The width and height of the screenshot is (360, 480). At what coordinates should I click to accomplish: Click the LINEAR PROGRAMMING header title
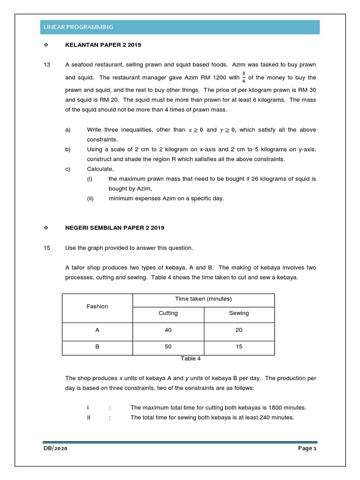(77, 27)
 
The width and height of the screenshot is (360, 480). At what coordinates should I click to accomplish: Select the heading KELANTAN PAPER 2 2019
(103, 45)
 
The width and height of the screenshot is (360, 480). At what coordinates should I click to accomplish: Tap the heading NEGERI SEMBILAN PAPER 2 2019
(114, 228)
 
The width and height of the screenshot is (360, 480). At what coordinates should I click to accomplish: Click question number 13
(46, 64)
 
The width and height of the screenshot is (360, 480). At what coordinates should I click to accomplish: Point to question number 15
(46, 248)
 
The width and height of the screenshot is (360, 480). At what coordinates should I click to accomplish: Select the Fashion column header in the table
(97, 307)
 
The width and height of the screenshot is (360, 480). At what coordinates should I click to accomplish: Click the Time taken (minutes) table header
(203, 299)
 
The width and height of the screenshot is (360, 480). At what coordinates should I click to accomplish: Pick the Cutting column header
(168, 313)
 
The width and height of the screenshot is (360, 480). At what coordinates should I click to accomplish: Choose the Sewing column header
(239, 313)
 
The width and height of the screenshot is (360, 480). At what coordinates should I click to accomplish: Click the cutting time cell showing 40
(168, 330)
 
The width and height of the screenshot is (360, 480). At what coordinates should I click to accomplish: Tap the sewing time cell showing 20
(239, 330)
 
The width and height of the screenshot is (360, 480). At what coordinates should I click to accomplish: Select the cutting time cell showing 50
(168, 347)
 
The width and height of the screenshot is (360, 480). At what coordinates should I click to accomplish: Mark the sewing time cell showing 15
(239, 347)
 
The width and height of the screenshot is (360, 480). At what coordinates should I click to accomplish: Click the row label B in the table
(97, 347)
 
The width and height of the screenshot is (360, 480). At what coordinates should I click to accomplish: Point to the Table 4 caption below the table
(191, 359)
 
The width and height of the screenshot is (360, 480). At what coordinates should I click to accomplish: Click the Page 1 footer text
(307, 449)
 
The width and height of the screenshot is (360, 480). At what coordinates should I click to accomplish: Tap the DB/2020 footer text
(55, 449)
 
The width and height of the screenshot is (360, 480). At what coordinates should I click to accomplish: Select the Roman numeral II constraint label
(89, 418)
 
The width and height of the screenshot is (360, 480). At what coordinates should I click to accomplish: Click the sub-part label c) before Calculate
(67, 169)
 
